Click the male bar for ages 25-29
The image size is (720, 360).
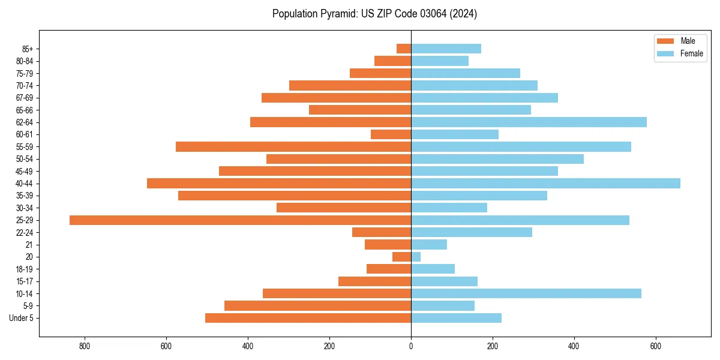click(240, 220)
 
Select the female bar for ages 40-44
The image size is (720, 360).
click(545, 184)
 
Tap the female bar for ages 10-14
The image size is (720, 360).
click(526, 293)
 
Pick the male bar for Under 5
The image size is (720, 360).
click(308, 318)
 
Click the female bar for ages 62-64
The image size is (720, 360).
click(529, 122)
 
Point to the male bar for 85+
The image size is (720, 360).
click(404, 49)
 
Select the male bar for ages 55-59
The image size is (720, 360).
click(293, 147)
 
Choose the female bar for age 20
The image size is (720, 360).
click(416, 257)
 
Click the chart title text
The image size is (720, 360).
click(374, 14)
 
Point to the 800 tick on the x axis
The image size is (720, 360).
click(85, 346)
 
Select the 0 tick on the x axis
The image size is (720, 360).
click(411, 346)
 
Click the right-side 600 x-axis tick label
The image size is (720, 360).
click(656, 346)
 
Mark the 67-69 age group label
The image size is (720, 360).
click(25, 98)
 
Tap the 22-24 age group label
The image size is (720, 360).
click(25, 233)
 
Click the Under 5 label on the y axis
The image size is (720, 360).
click(22, 318)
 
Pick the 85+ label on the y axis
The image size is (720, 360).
click(28, 49)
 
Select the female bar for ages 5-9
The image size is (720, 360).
click(443, 306)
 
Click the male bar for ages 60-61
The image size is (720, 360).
click(391, 134)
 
